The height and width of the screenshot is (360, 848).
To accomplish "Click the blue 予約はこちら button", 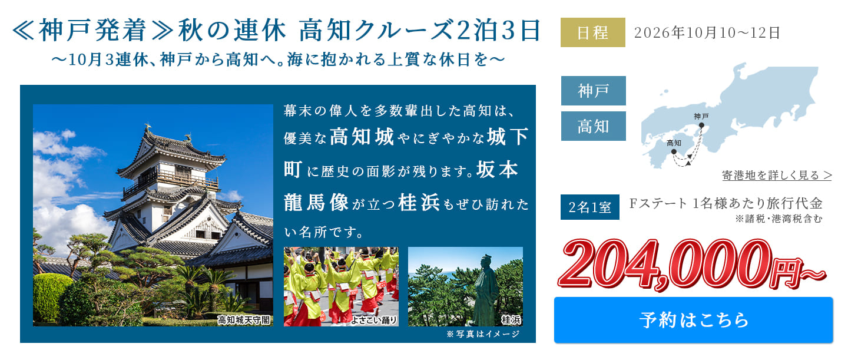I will point(693,320).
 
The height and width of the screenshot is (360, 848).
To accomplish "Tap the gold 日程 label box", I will point(592,32).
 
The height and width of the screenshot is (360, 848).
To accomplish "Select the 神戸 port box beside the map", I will point(593,91).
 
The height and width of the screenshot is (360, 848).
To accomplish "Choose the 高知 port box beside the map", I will point(593,126).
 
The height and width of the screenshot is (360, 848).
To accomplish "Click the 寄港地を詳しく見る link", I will point(777,175).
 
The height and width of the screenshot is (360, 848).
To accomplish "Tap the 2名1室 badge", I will point(589,207).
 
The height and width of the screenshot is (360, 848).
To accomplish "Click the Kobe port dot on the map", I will point(701,125).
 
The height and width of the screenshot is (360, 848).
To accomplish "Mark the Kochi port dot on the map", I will point(674,152).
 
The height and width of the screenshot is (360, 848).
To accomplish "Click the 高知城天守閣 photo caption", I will point(243,320).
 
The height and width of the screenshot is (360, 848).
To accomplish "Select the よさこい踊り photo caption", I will point(374,320).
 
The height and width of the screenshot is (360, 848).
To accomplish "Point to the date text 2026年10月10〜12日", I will point(707,33).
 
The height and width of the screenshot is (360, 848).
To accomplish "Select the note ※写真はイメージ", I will point(483,335).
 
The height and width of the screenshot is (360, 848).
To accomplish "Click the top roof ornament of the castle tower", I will point(147,127).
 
